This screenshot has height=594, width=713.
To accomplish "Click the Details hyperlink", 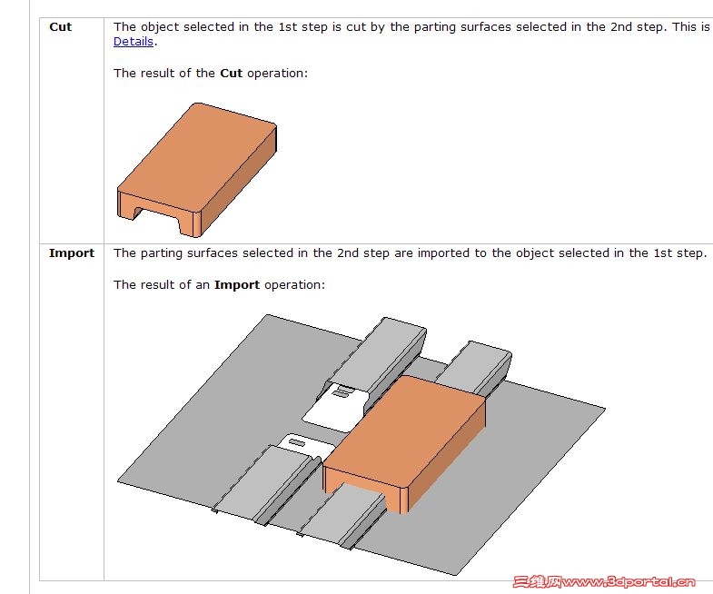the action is point(134,42).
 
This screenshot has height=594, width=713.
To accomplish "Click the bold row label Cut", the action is point(61,27).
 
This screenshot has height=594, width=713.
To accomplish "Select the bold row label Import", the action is point(72,252).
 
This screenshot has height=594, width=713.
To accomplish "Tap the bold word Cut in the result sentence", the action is point(231,73).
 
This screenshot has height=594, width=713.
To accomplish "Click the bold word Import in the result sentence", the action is point(237,284).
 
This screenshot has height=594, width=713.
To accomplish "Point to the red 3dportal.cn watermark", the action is point(604,581).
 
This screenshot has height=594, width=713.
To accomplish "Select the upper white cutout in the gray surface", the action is point(336,407).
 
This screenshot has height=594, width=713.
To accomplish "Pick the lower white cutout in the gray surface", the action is point(305,446).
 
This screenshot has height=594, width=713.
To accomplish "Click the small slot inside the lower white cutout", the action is point(297,442).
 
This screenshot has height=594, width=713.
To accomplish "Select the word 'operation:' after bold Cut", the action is point(277,74).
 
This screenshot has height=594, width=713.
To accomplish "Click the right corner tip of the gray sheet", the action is point(605,409).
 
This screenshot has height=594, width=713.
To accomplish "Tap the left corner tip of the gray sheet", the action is point(118,480).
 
